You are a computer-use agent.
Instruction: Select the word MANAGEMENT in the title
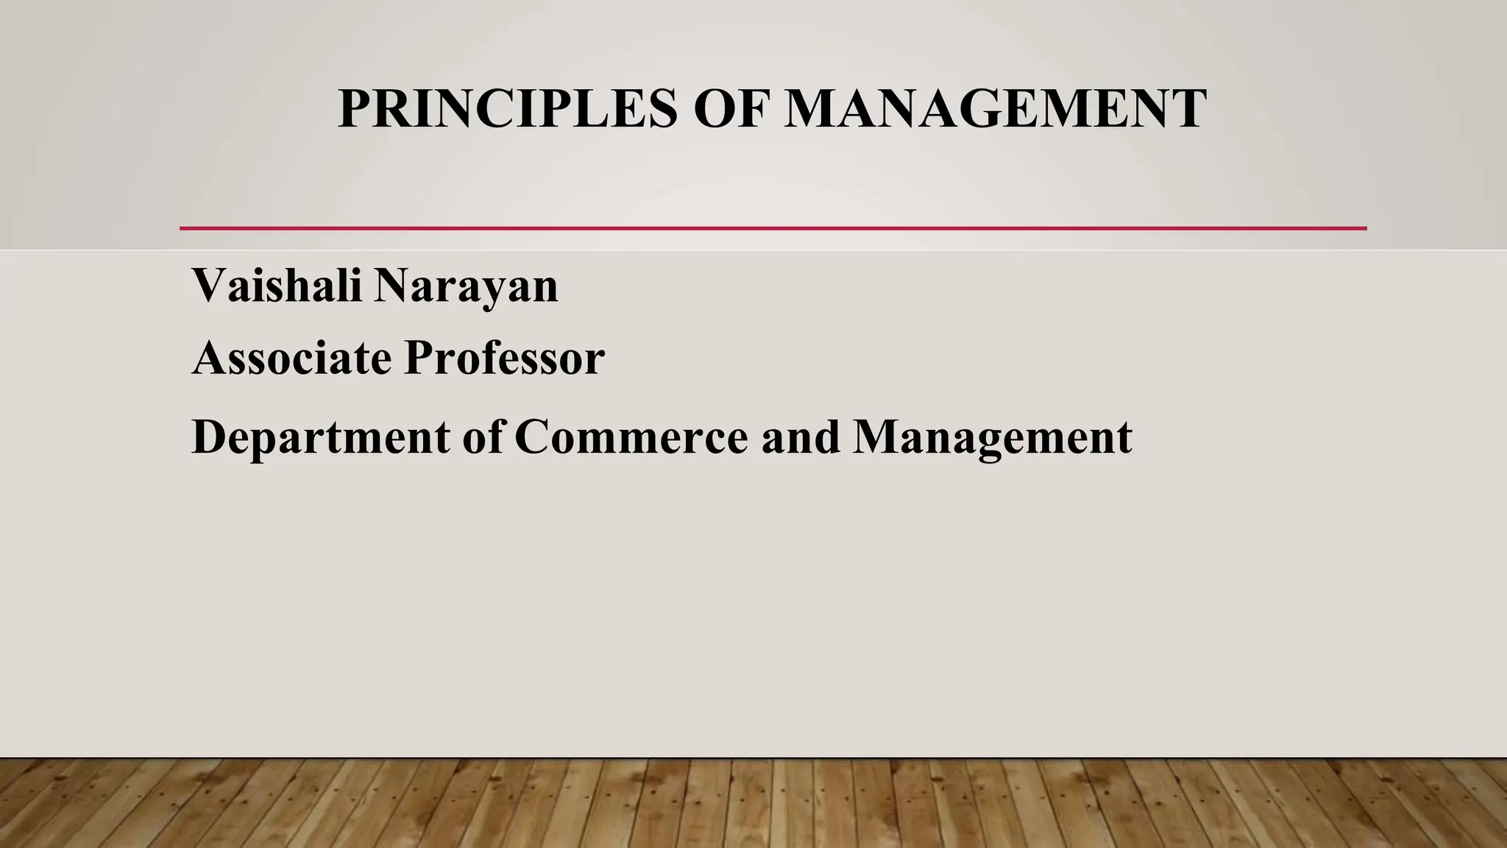tap(994, 109)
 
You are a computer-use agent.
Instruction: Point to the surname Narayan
tap(466, 287)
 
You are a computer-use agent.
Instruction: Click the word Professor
tap(504, 358)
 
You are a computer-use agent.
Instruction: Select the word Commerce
tap(631, 437)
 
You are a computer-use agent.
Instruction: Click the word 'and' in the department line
tap(801, 437)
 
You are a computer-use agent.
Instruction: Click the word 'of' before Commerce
tap(483, 437)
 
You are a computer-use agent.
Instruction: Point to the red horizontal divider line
tap(773, 228)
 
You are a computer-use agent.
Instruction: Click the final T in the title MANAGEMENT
tap(1185, 109)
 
